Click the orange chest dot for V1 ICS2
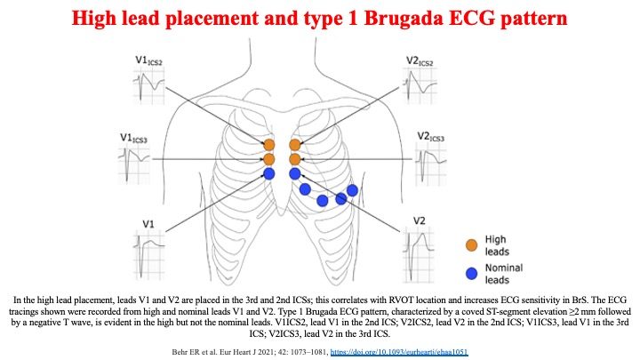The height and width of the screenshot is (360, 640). [268, 144]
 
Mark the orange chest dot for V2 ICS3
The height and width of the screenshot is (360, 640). [295, 158]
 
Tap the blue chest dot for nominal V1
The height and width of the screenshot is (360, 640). [268, 173]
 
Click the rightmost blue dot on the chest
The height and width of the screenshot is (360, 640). [352, 190]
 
